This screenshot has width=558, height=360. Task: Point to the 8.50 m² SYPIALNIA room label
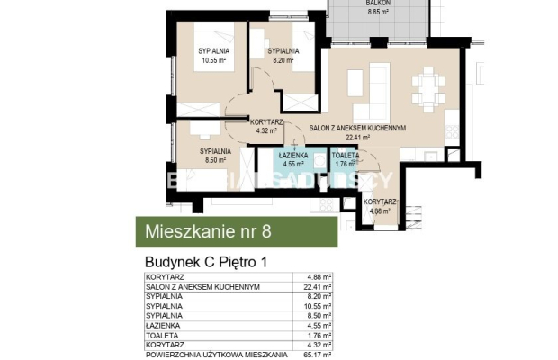click(215, 155)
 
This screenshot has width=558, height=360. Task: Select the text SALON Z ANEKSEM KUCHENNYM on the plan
click(357, 129)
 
